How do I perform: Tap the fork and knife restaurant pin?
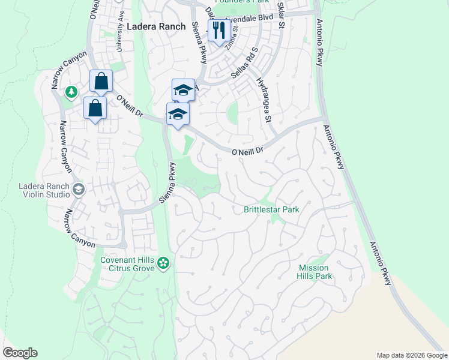click(217, 29)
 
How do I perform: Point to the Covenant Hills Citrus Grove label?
click(127, 263)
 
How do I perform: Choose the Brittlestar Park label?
click(271, 209)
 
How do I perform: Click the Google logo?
click(20, 353)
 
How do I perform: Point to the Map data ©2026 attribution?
click(412, 355)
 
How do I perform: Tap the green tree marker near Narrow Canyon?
click(72, 92)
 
